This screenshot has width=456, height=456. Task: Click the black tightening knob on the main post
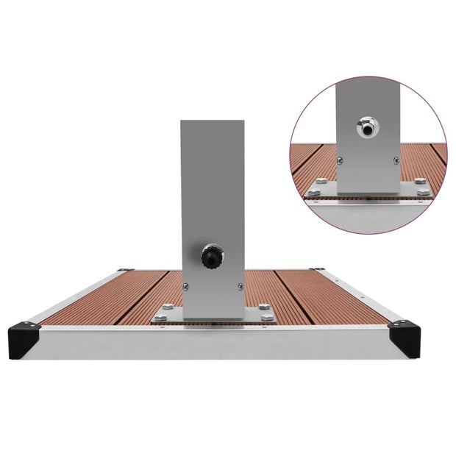click(211, 257)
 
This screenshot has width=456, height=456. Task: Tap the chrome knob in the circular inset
click(366, 127)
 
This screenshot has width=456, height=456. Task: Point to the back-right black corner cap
click(316, 270)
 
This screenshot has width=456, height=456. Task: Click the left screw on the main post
click(185, 287)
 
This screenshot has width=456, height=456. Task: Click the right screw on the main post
click(239, 287)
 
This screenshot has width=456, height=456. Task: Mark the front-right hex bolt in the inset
click(421, 193)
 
